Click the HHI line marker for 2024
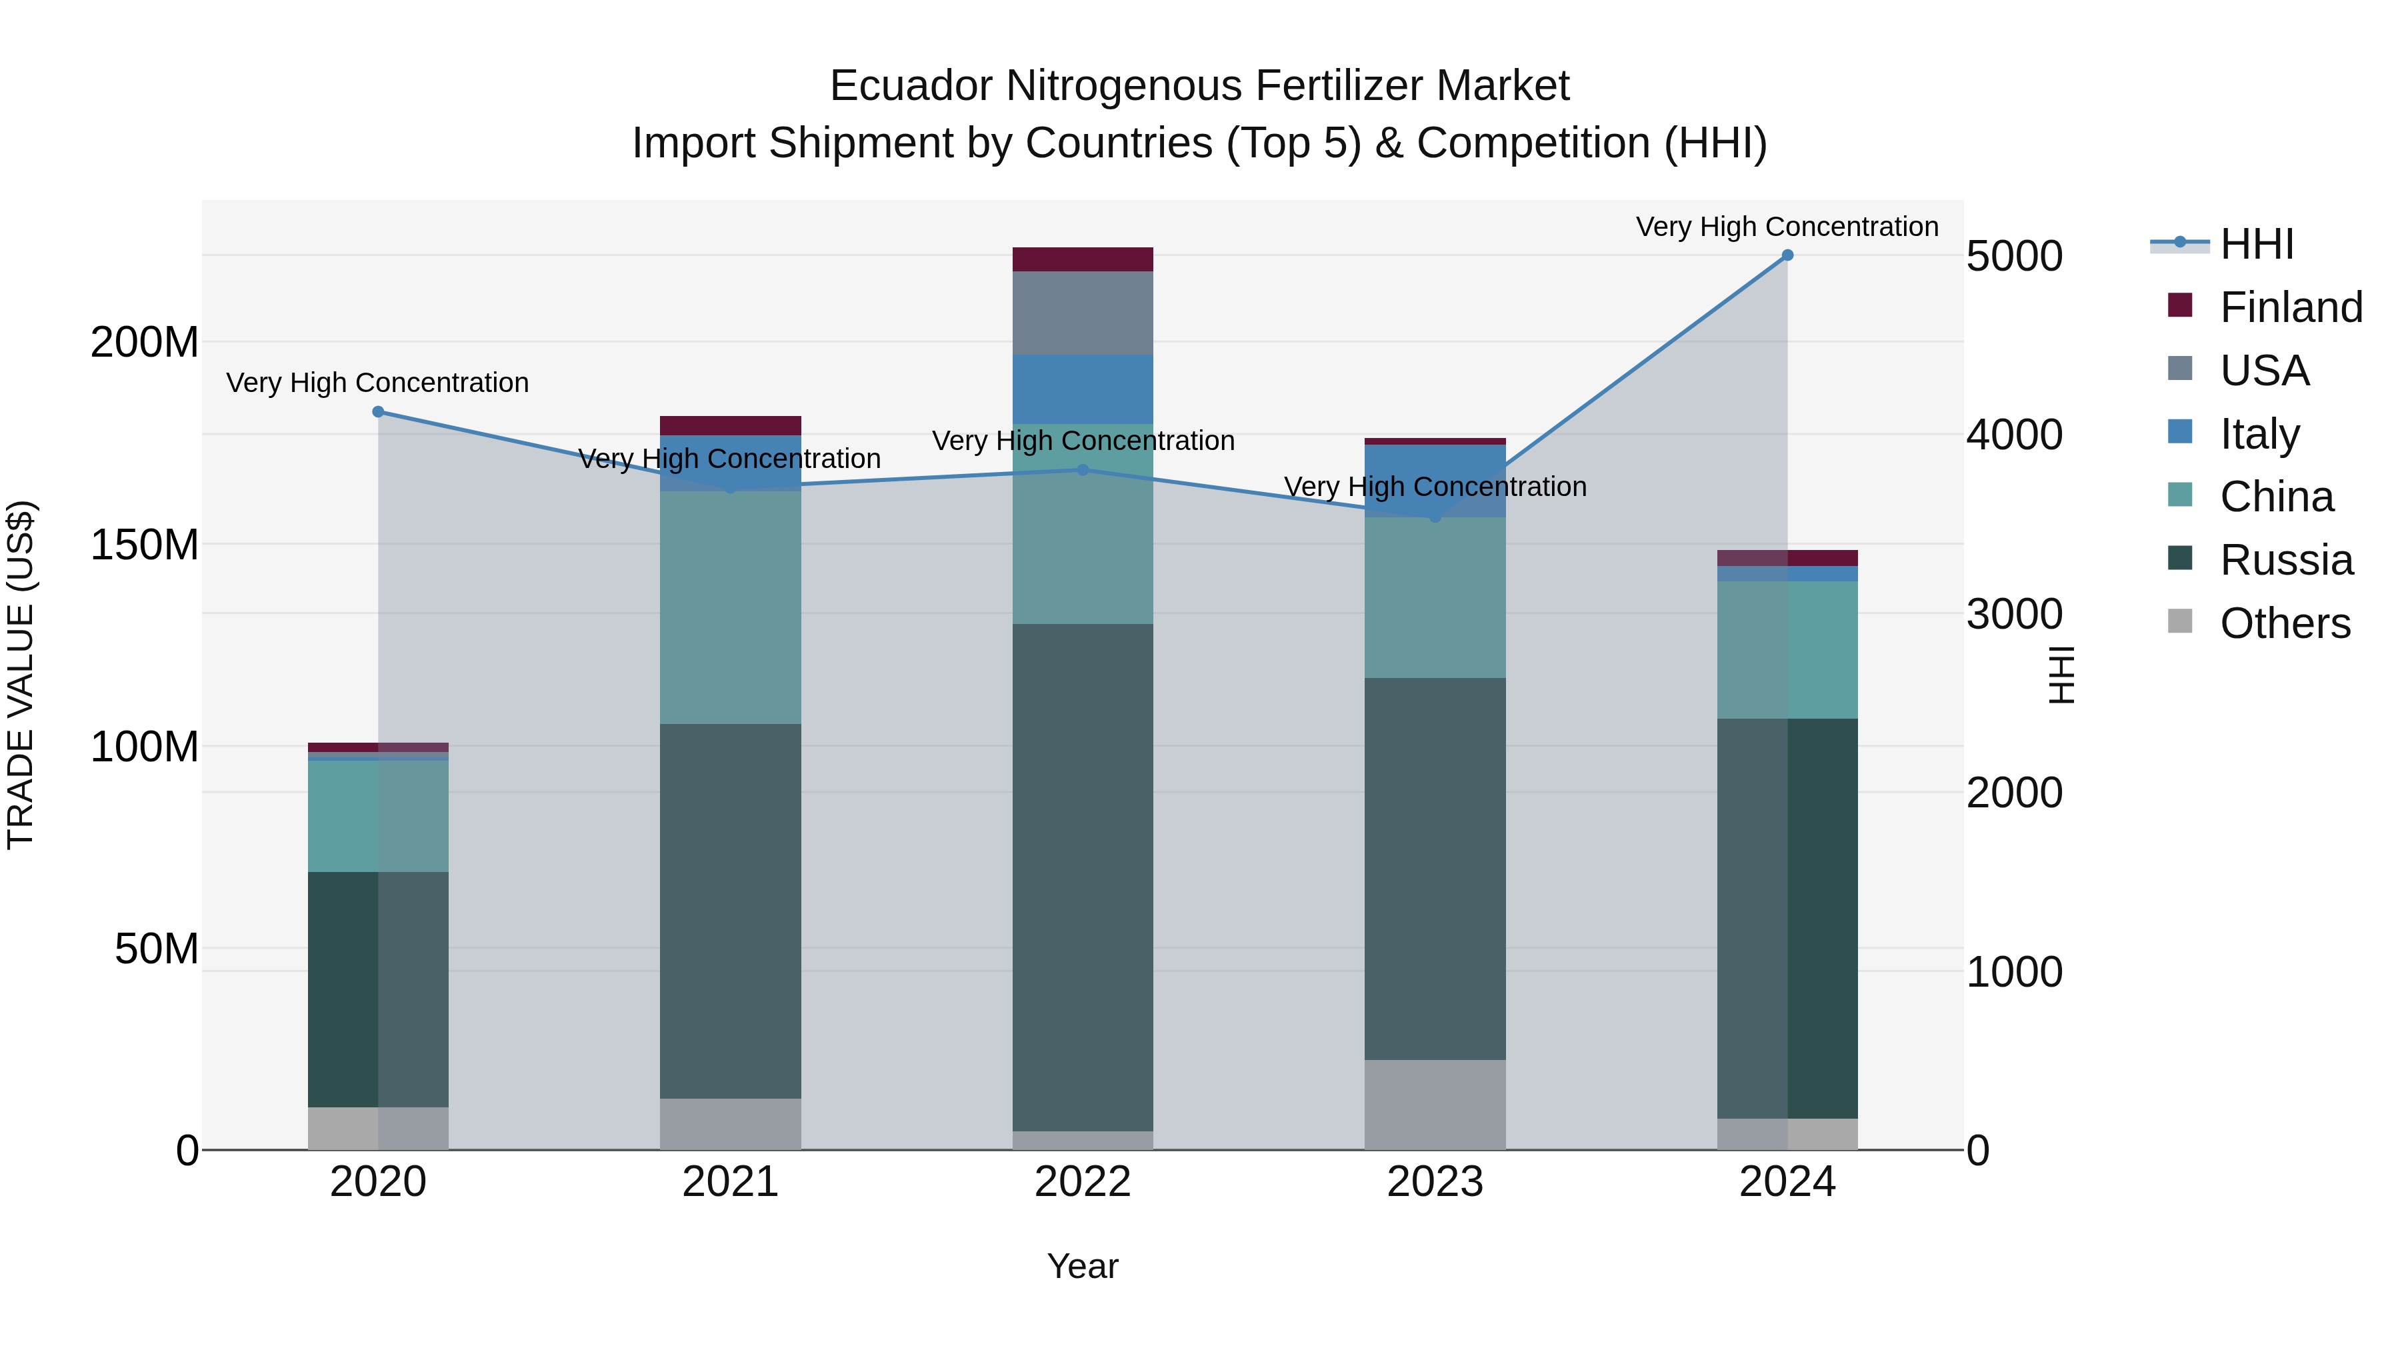[1787, 255]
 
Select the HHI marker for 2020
[378, 412]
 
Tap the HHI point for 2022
[1083, 469]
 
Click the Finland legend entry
[2290, 307]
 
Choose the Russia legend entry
[2285, 560]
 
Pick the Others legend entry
[2285, 623]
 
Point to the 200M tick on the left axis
[145, 343]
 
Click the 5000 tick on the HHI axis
[2014, 256]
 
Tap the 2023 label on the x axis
[1435, 1181]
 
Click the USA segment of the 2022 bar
[1083, 313]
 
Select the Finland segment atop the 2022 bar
[1083, 259]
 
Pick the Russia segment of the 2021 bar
[731, 911]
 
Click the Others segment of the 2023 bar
[1435, 1104]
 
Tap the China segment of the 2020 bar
[378, 816]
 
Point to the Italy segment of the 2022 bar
[1083, 389]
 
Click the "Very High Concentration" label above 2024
[1787, 227]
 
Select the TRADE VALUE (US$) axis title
[21, 675]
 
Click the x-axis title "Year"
[1083, 1266]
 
